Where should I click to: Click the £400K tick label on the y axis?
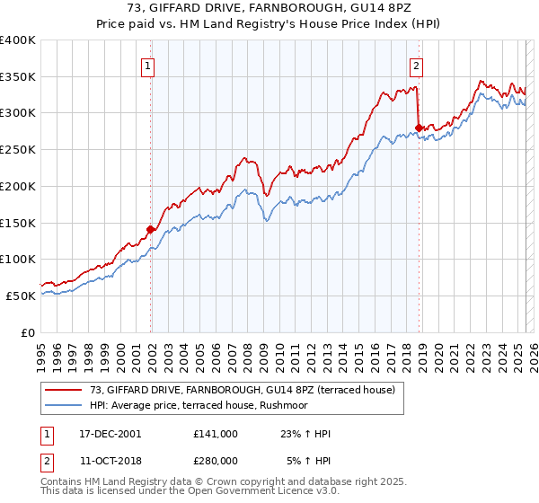[x=18, y=40]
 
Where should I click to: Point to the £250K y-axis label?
[x=18, y=149]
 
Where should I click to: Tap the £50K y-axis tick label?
[x=22, y=295]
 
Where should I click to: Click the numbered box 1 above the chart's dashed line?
[x=148, y=65]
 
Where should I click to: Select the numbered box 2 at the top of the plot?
[x=417, y=65]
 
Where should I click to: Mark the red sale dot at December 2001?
[x=151, y=229]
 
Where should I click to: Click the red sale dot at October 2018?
[x=419, y=128]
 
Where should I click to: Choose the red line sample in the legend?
[x=64, y=390]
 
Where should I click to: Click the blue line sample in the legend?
[x=64, y=405]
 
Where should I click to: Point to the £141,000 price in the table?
[x=216, y=434]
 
